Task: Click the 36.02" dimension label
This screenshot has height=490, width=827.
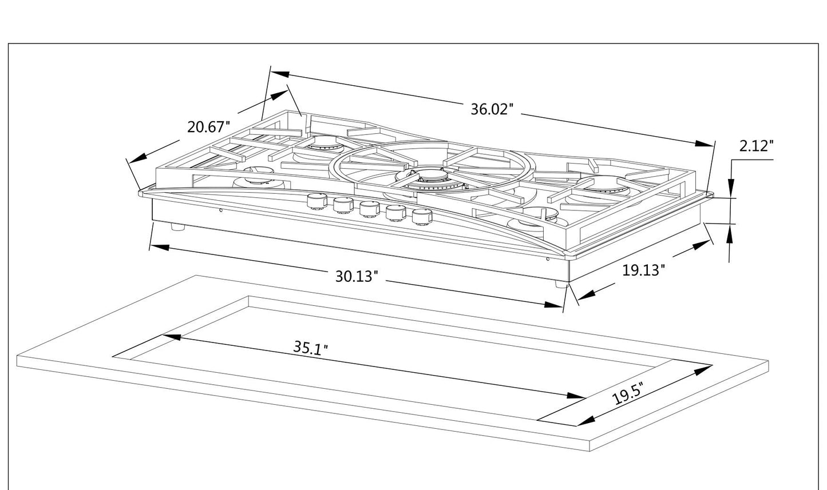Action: click(492, 109)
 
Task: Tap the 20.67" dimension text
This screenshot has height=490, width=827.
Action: click(208, 126)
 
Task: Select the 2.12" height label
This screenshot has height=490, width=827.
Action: click(756, 146)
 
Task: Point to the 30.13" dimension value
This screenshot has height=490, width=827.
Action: click(357, 276)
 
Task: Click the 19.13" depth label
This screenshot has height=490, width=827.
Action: click(643, 270)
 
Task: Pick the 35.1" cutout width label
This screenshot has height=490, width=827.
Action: click(310, 347)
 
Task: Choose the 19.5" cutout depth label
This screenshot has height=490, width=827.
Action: click(628, 394)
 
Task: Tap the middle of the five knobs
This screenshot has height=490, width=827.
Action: click(369, 209)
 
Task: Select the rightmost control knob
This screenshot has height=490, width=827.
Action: click(421, 217)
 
